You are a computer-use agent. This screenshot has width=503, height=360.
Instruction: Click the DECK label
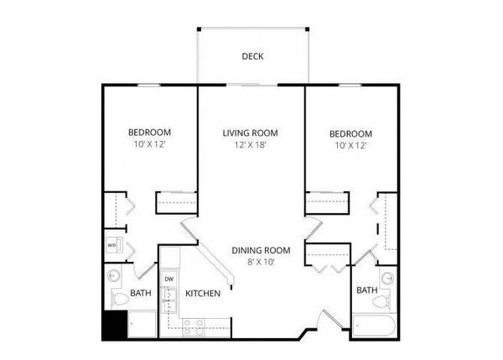pyautogui.click(x=252, y=56)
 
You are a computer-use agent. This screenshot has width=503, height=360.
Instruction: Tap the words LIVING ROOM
pyautogui.click(x=250, y=133)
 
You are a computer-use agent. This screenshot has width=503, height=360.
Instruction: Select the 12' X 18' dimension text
pyautogui.click(x=251, y=145)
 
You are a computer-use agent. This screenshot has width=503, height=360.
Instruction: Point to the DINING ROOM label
pyautogui.click(x=261, y=250)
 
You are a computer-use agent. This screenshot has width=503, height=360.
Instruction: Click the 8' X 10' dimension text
pyautogui.click(x=261, y=262)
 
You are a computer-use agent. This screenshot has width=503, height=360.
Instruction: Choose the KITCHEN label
pyautogui.click(x=203, y=294)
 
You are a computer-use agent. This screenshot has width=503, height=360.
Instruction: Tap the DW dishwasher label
pyautogui.click(x=169, y=279)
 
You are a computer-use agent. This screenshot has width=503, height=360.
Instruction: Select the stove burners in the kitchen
pyautogui.click(x=194, y=328)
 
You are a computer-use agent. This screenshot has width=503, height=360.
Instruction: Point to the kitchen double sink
pyautogui.click(x=169, y=301)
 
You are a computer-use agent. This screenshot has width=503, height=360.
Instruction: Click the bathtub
pyautogui.click(x=374, y=326)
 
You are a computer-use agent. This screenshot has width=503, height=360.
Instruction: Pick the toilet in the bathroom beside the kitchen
pyautogui.click(x=119, y=300)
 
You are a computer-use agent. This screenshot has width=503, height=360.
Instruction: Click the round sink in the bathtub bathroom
pyautogui.click(x=388, y=277)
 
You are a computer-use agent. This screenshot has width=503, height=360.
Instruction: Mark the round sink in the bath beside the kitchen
pyautogui.click(x=113, y=275)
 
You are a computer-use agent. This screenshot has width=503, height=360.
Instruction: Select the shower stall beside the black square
pyautogui.click(x=142, y=324)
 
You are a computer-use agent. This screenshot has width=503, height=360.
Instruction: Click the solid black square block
pyautogui.click(x=115, y=325)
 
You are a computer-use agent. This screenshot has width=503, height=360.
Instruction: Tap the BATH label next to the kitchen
pyautogui.click(x=141, y=293)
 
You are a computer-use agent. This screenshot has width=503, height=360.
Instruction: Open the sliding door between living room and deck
pyautogui.click(x=251, y=85)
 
